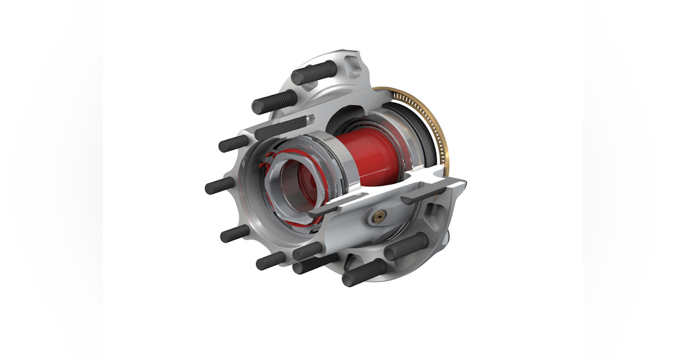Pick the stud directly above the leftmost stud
coord(234,143)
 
